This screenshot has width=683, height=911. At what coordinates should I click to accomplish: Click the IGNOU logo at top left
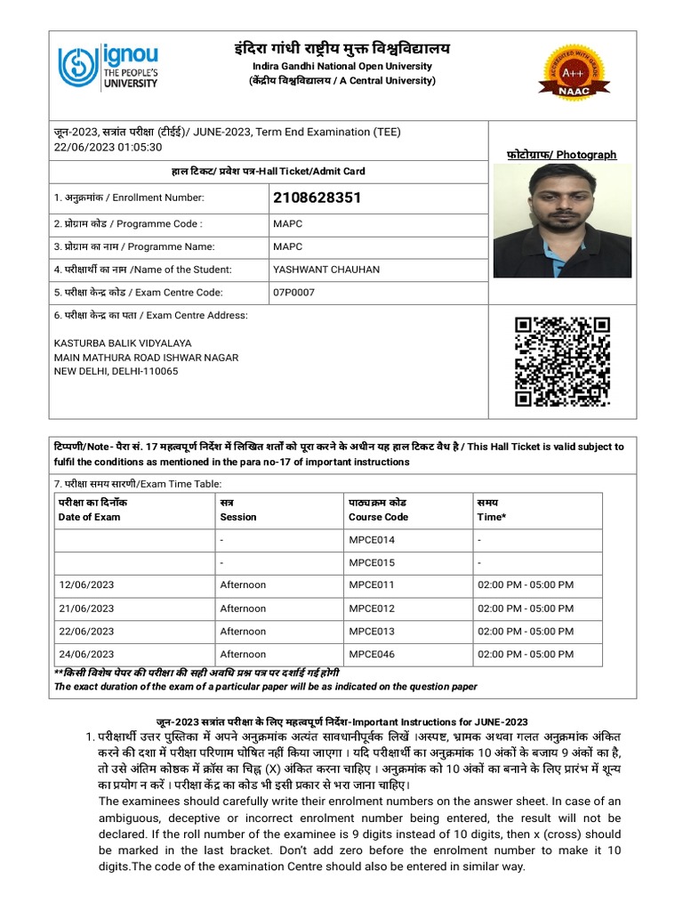coord(108,68)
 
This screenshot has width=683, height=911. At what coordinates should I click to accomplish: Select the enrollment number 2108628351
coord(317,198)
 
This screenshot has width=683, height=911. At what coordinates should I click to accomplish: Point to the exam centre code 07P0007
coord(293,293)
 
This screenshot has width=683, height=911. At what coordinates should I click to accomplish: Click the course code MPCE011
coord(372,584)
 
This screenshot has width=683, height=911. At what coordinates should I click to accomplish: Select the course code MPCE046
coord(372,654)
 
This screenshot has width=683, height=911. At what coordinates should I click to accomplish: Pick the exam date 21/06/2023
coord(86,609)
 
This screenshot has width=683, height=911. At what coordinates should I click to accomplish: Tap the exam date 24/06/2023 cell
coord(86,654)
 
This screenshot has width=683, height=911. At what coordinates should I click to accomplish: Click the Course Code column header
coord(378,517)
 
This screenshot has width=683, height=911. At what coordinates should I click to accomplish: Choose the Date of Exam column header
coord(89,517)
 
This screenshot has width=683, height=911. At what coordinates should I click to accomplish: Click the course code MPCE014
coord(372,540)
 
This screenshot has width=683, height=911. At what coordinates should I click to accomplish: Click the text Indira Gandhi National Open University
coord(341,66)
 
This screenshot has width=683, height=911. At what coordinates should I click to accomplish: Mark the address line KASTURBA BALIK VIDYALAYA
coord(123,343)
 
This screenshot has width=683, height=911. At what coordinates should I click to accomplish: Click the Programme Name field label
coord(135,246)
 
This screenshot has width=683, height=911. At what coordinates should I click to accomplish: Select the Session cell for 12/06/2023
coord(243,584)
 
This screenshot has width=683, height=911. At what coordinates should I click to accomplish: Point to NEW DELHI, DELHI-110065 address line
coord(117,371)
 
